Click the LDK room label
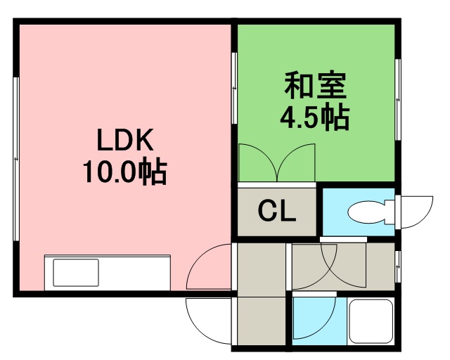pyautogui.click(x=125, y=140)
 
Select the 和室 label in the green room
pyautogui.click(x=315, y=85)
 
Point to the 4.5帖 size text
pyautogui.click(x=315, y=117)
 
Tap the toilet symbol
pyautogui.click(x=371, y=212)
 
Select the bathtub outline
pyautogui.click(x=371, y=321)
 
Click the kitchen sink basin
pyautogui.click(x=76, y=272)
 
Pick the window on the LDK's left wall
pyautogui.click(x=16, y=159)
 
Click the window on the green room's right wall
pyautogui.click(x=398, y=100)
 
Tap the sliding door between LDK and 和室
pyautogui.click(x=234, y=88)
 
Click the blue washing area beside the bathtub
pyautogui.click(x=319, y=321)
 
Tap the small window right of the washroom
pyautogui.click(x=398, y=266)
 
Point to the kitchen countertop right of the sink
pyautogui.click(x=135, y=273)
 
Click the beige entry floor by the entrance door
pyautogui.click(x=261, y=321)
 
